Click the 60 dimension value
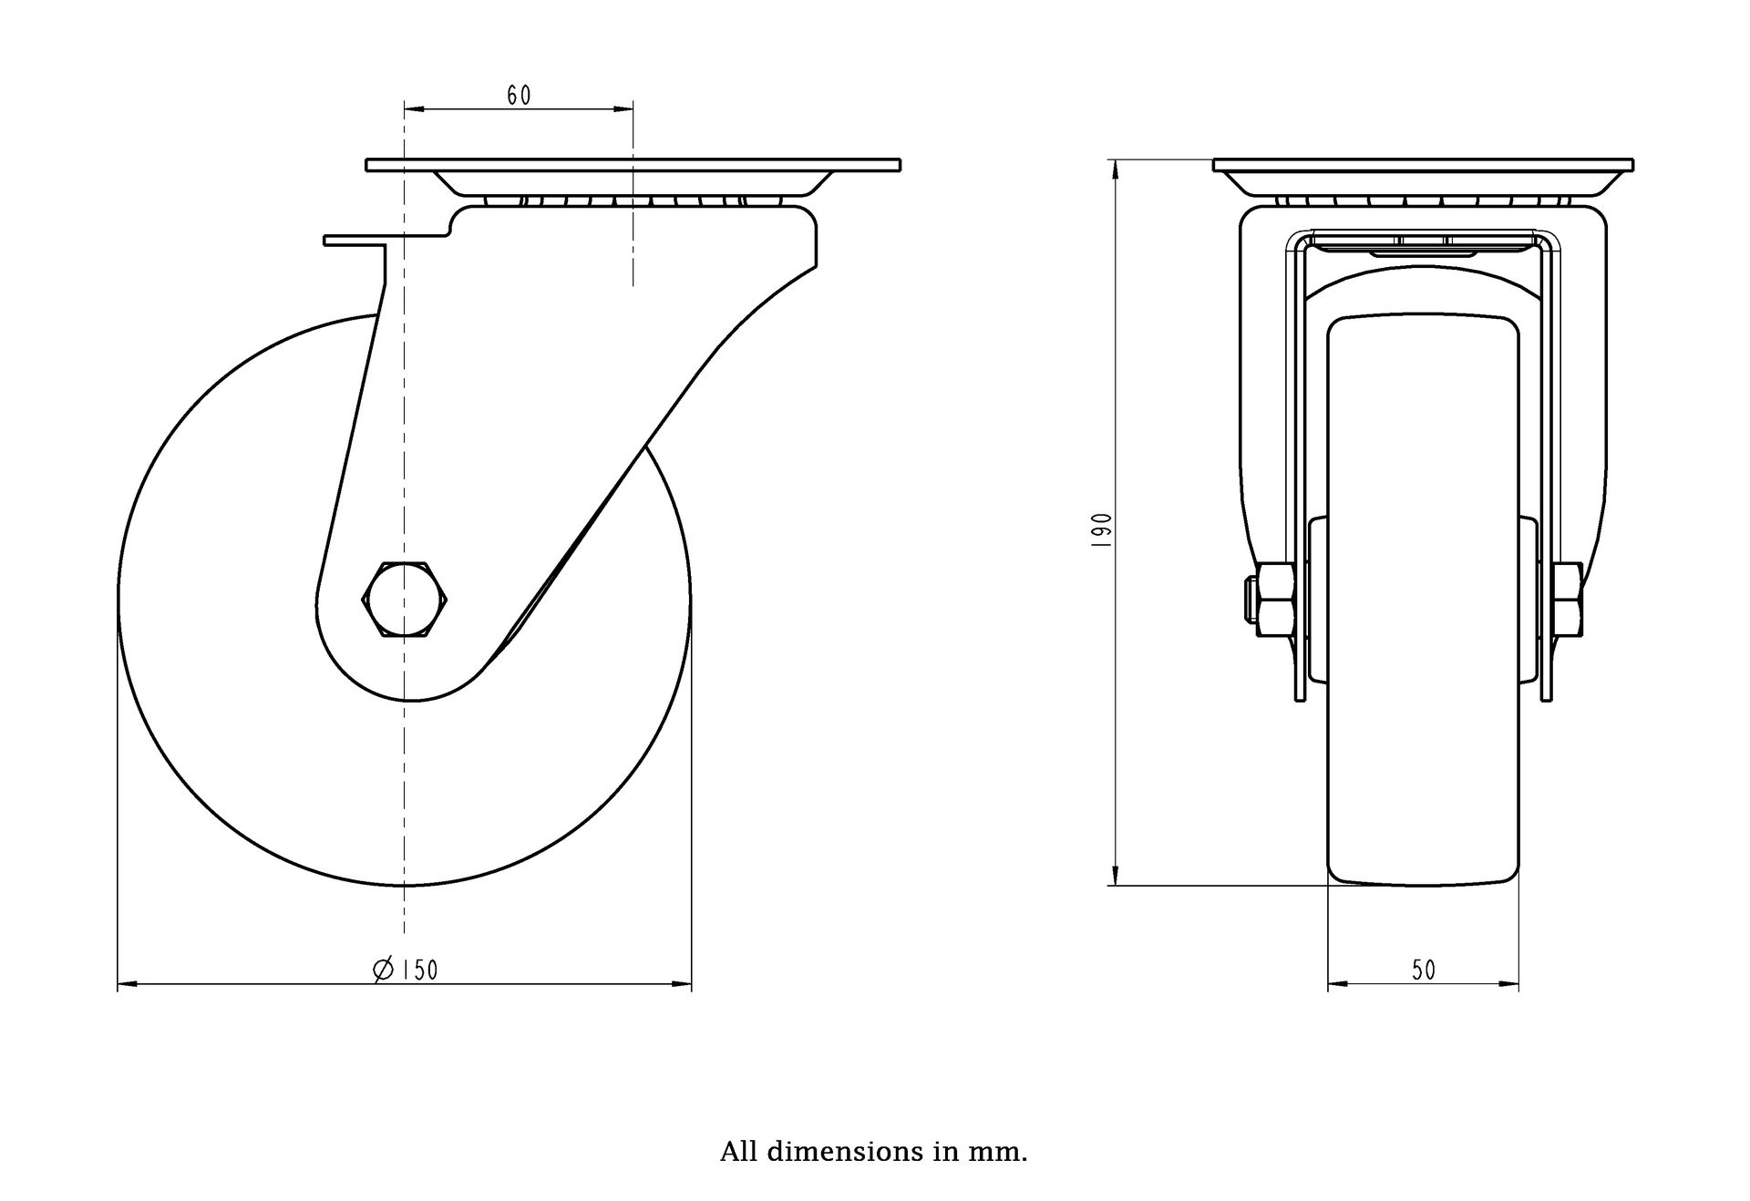(519, 95)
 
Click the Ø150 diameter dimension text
(406, 970)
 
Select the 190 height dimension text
(1102, 529)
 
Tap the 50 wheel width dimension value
(1424, 970)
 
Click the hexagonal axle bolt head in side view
(406, 599)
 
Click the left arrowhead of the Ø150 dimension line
(129, 984)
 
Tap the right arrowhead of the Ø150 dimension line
(681, 984)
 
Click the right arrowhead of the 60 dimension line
(623, 109)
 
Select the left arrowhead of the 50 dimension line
(1339, 984)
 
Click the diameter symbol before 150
(383, 970)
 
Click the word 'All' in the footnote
(739, 1152)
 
